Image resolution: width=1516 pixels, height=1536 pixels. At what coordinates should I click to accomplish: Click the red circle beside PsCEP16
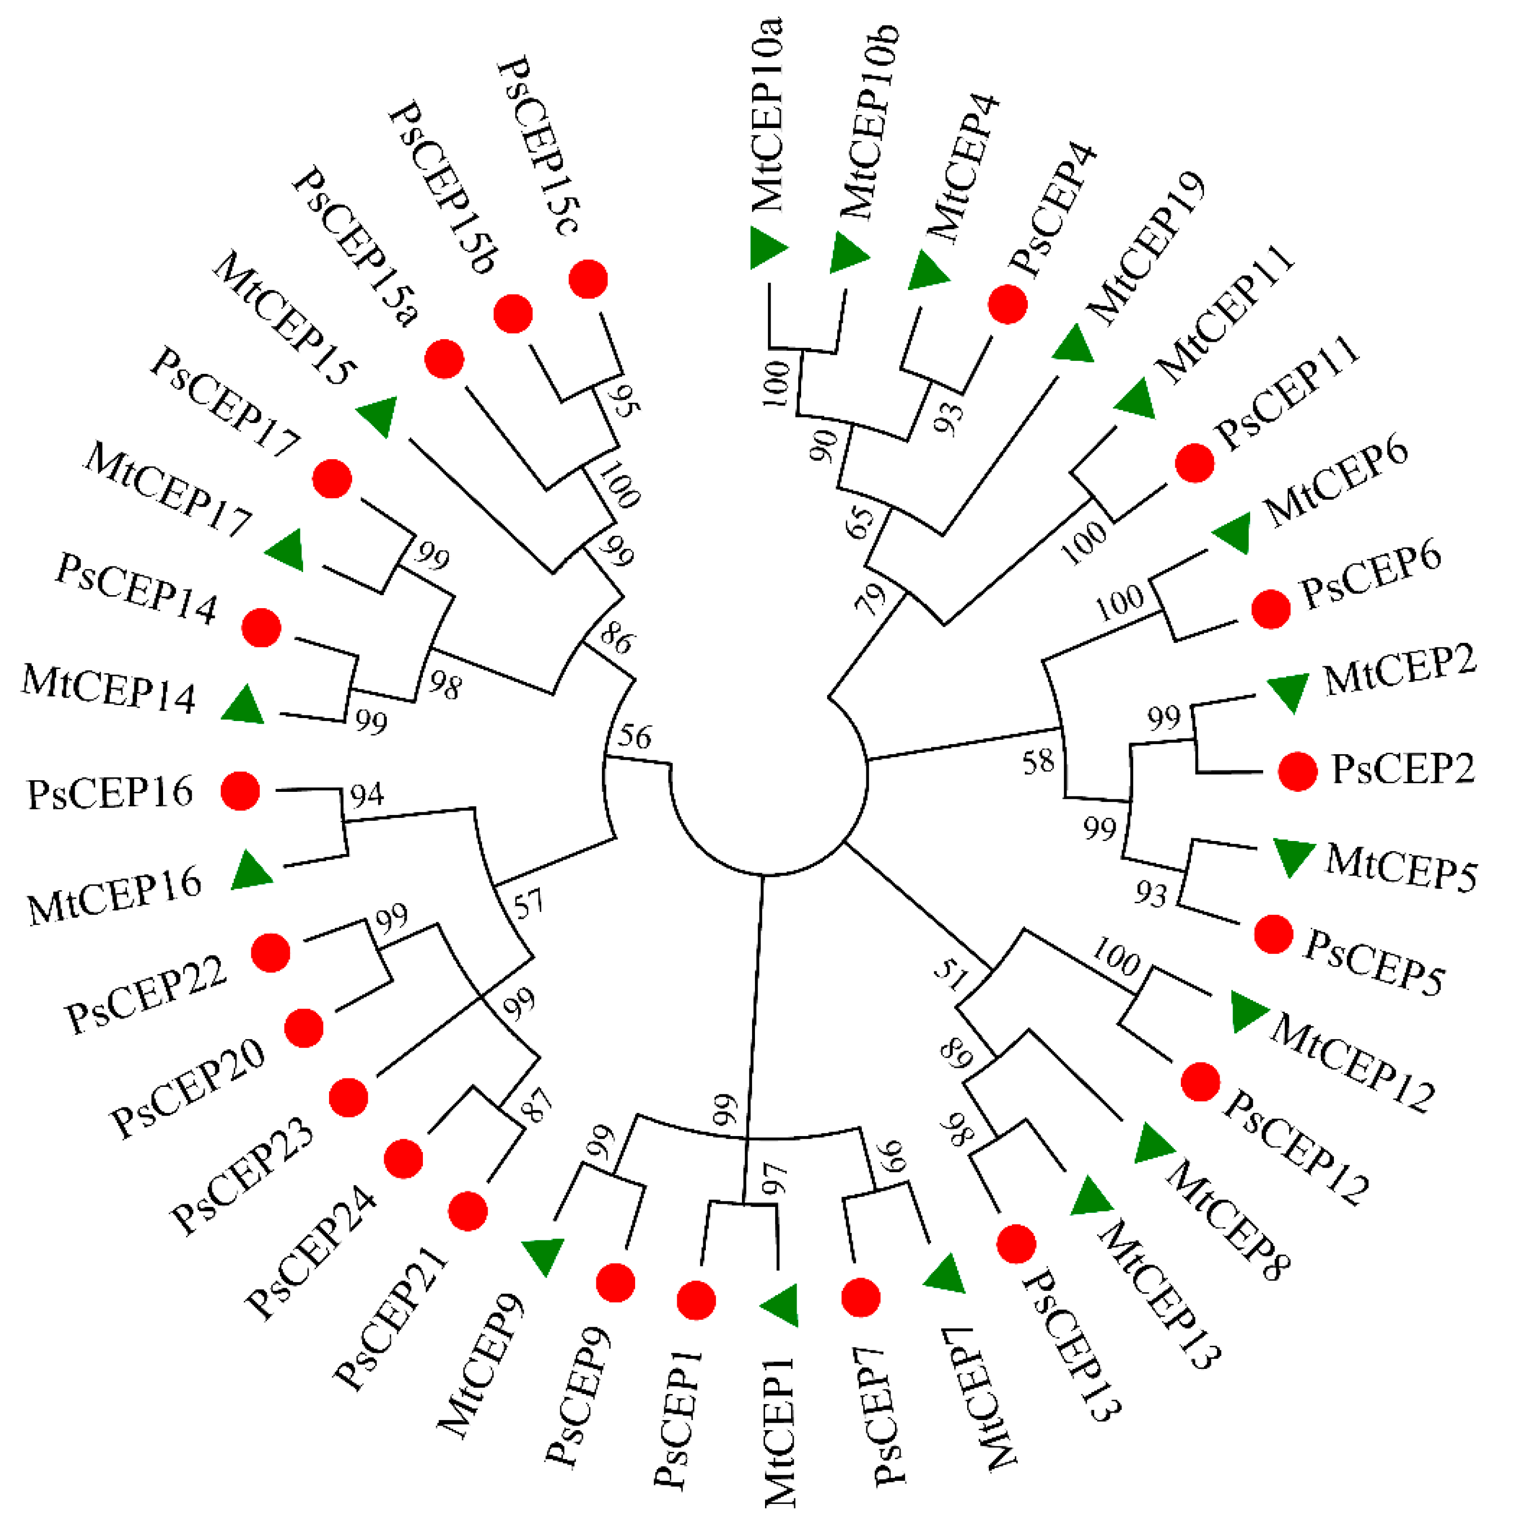pos(240,791)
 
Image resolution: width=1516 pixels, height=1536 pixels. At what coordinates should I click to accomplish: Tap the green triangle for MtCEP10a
pos(767,247)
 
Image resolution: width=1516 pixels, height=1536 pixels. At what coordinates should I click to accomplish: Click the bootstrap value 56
pos(635,737)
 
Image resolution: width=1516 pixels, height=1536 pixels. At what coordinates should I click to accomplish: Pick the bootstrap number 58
pos(1038,762)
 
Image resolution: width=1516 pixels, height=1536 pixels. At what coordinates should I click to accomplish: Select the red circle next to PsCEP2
pos(1297,770)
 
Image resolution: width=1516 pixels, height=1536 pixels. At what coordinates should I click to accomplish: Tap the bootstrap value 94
pos(367,794)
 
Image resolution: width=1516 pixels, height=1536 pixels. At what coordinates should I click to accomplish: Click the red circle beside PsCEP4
pos(1007,304)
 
